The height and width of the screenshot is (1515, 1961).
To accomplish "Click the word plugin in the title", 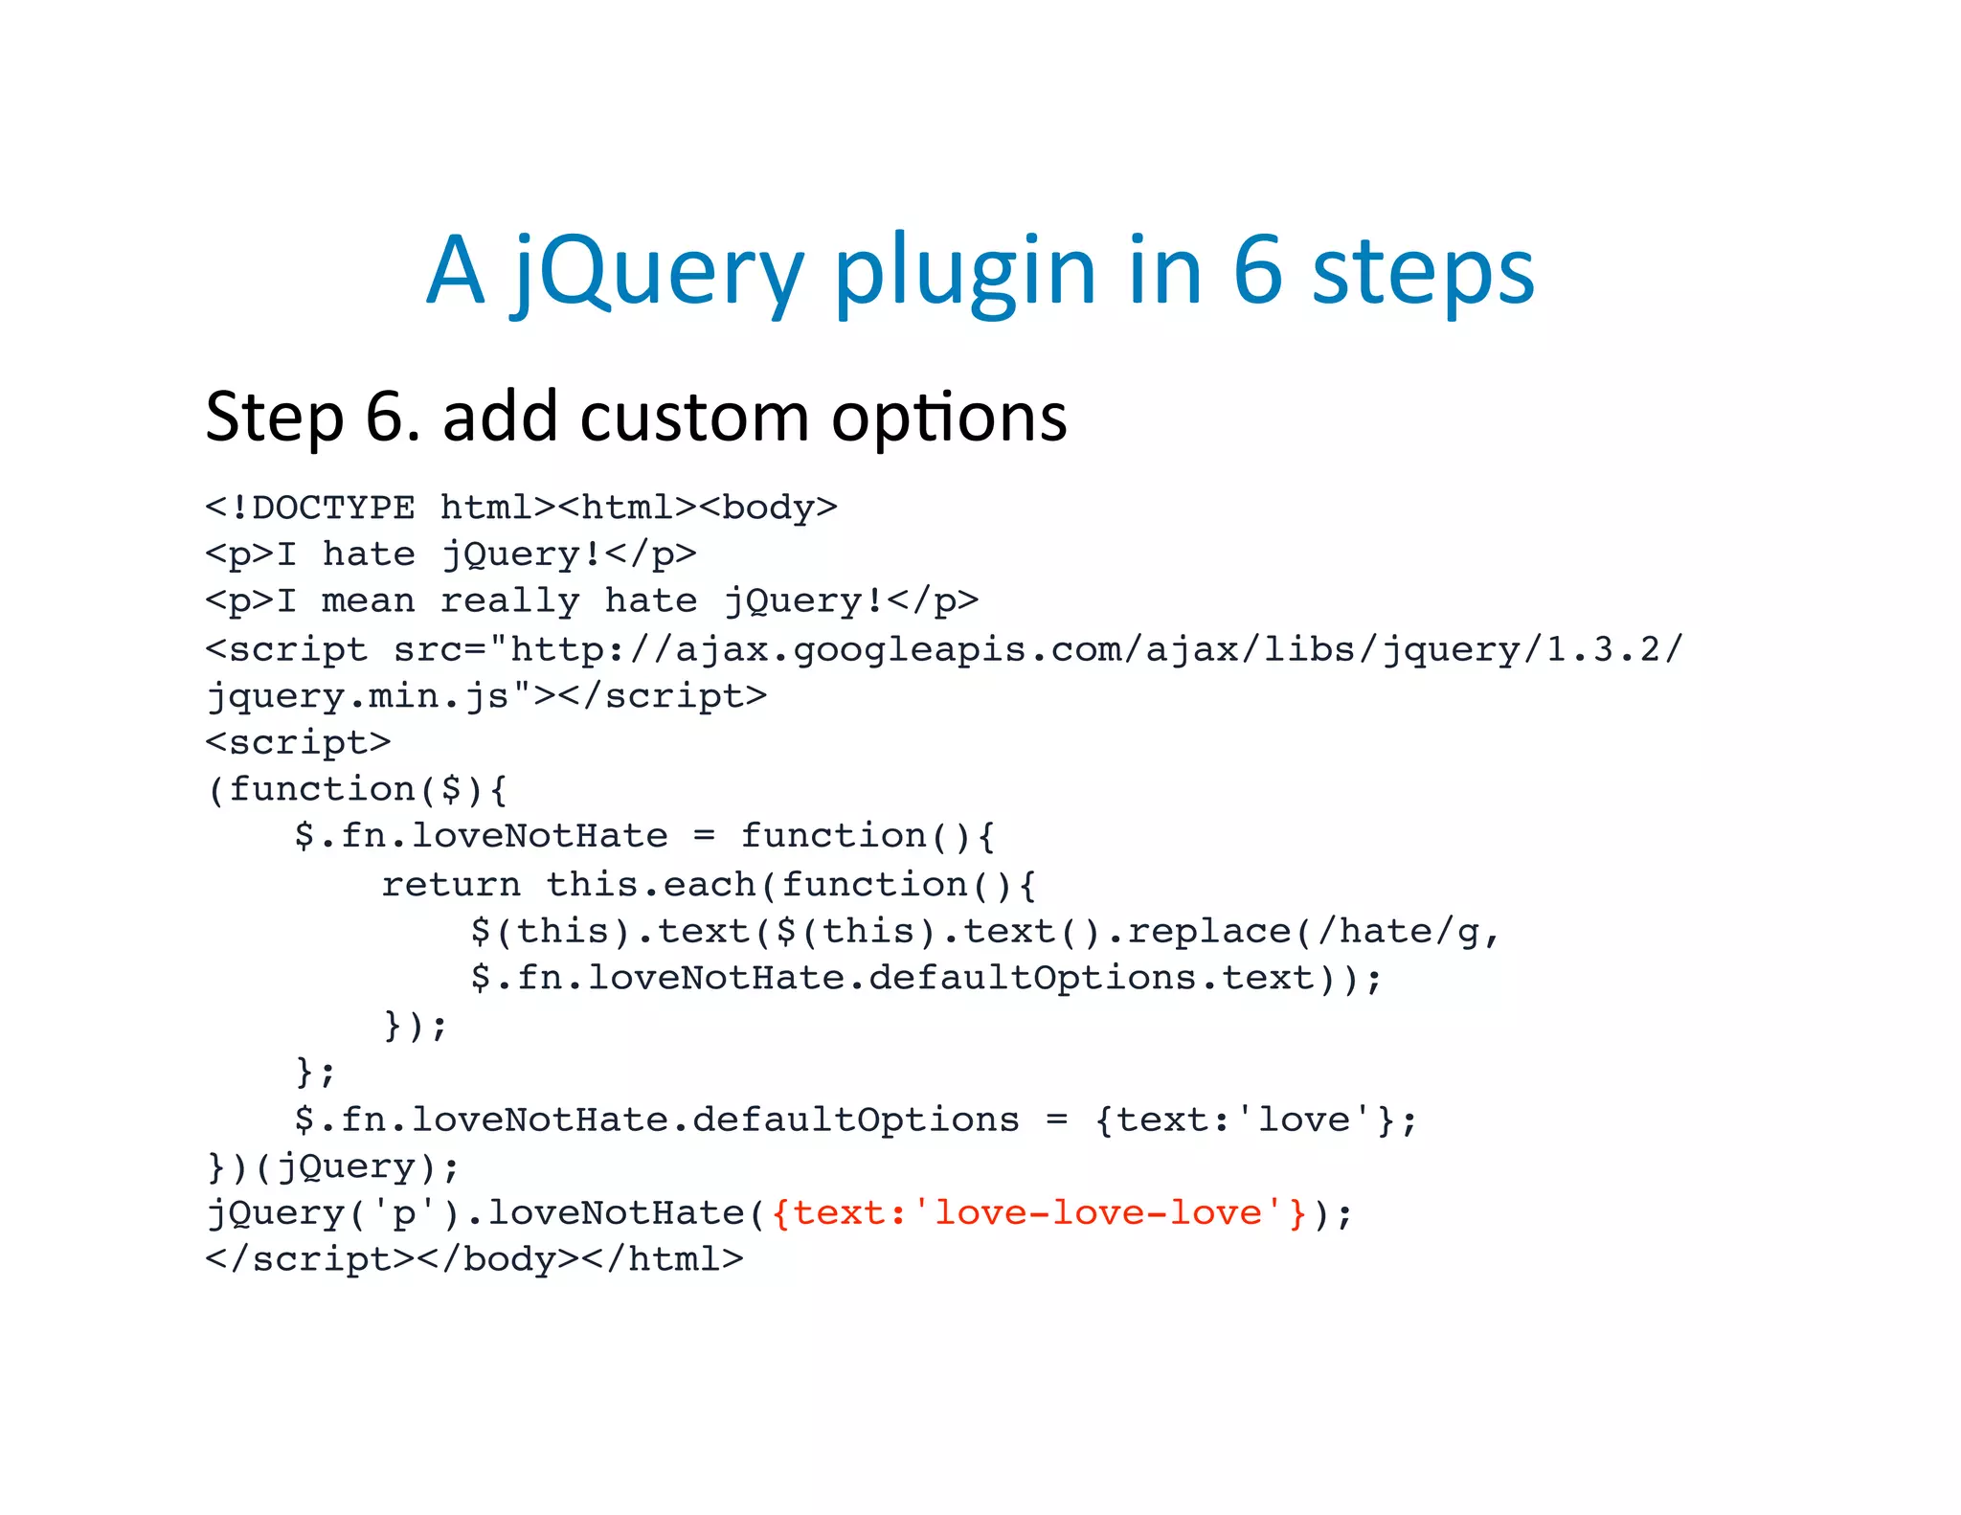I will tap(964, 272).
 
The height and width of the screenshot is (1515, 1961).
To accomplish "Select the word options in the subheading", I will tap(948, 419).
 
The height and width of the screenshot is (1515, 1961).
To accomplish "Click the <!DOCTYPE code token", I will tap(310, 507).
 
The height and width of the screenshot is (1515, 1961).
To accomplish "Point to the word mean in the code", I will tap(369, 600).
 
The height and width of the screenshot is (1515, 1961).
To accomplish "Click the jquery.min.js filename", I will tap(359, 696).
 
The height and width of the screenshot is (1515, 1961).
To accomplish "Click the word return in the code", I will tap(451, 884).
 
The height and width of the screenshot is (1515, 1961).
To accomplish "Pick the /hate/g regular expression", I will tap(1398, 931).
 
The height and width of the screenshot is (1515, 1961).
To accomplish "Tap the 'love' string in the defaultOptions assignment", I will tap(1304, 1119).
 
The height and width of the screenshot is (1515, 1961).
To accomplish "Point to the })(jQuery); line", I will tap(333, 1166).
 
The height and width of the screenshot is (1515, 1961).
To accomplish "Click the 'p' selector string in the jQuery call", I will tap(405, 1213).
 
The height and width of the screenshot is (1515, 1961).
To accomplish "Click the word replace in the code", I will tap(1209, 931).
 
